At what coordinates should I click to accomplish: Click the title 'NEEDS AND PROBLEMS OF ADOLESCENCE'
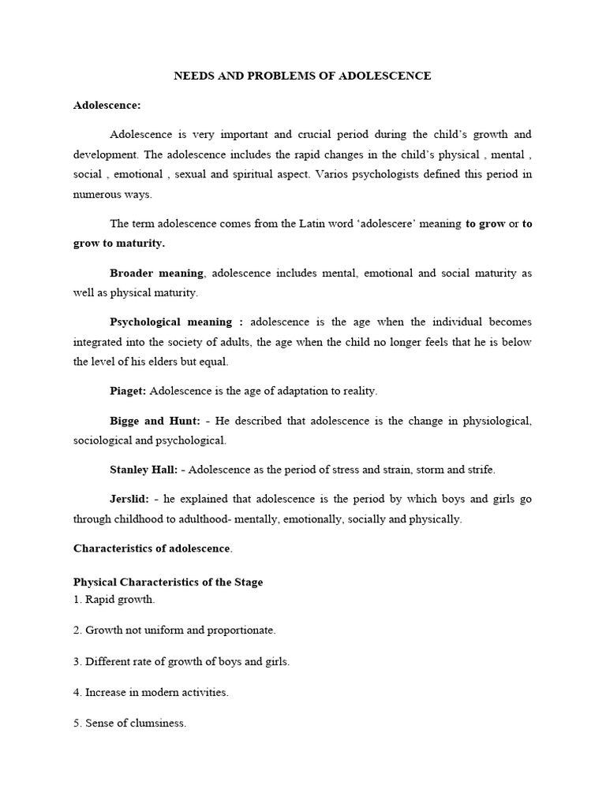(302, 76)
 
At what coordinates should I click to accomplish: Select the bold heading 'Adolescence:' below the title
(107, 105)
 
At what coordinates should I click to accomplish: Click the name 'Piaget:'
(128, 391)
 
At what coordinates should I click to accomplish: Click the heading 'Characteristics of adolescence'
(151, 548)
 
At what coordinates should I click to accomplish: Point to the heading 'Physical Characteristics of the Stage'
(168, 582)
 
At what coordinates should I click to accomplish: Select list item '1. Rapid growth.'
(114, 600)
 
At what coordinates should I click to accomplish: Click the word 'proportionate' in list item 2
(241, 630)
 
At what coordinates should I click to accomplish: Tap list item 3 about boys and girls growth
(181, 661)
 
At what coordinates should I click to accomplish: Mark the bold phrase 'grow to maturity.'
(119, 244)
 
